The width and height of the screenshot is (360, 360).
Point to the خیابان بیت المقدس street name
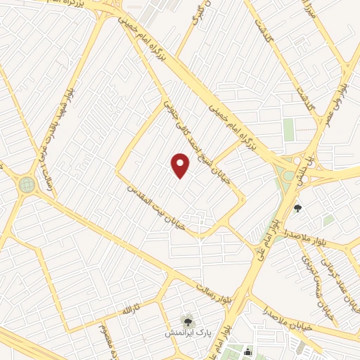point(157,207)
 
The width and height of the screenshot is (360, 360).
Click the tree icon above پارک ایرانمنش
point(187,320)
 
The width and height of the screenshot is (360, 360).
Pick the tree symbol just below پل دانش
point(297,207)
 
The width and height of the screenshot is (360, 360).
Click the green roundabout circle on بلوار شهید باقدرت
point(27,184)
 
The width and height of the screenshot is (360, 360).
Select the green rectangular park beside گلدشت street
point(288,129)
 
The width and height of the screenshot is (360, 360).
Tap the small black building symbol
point(247,352)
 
